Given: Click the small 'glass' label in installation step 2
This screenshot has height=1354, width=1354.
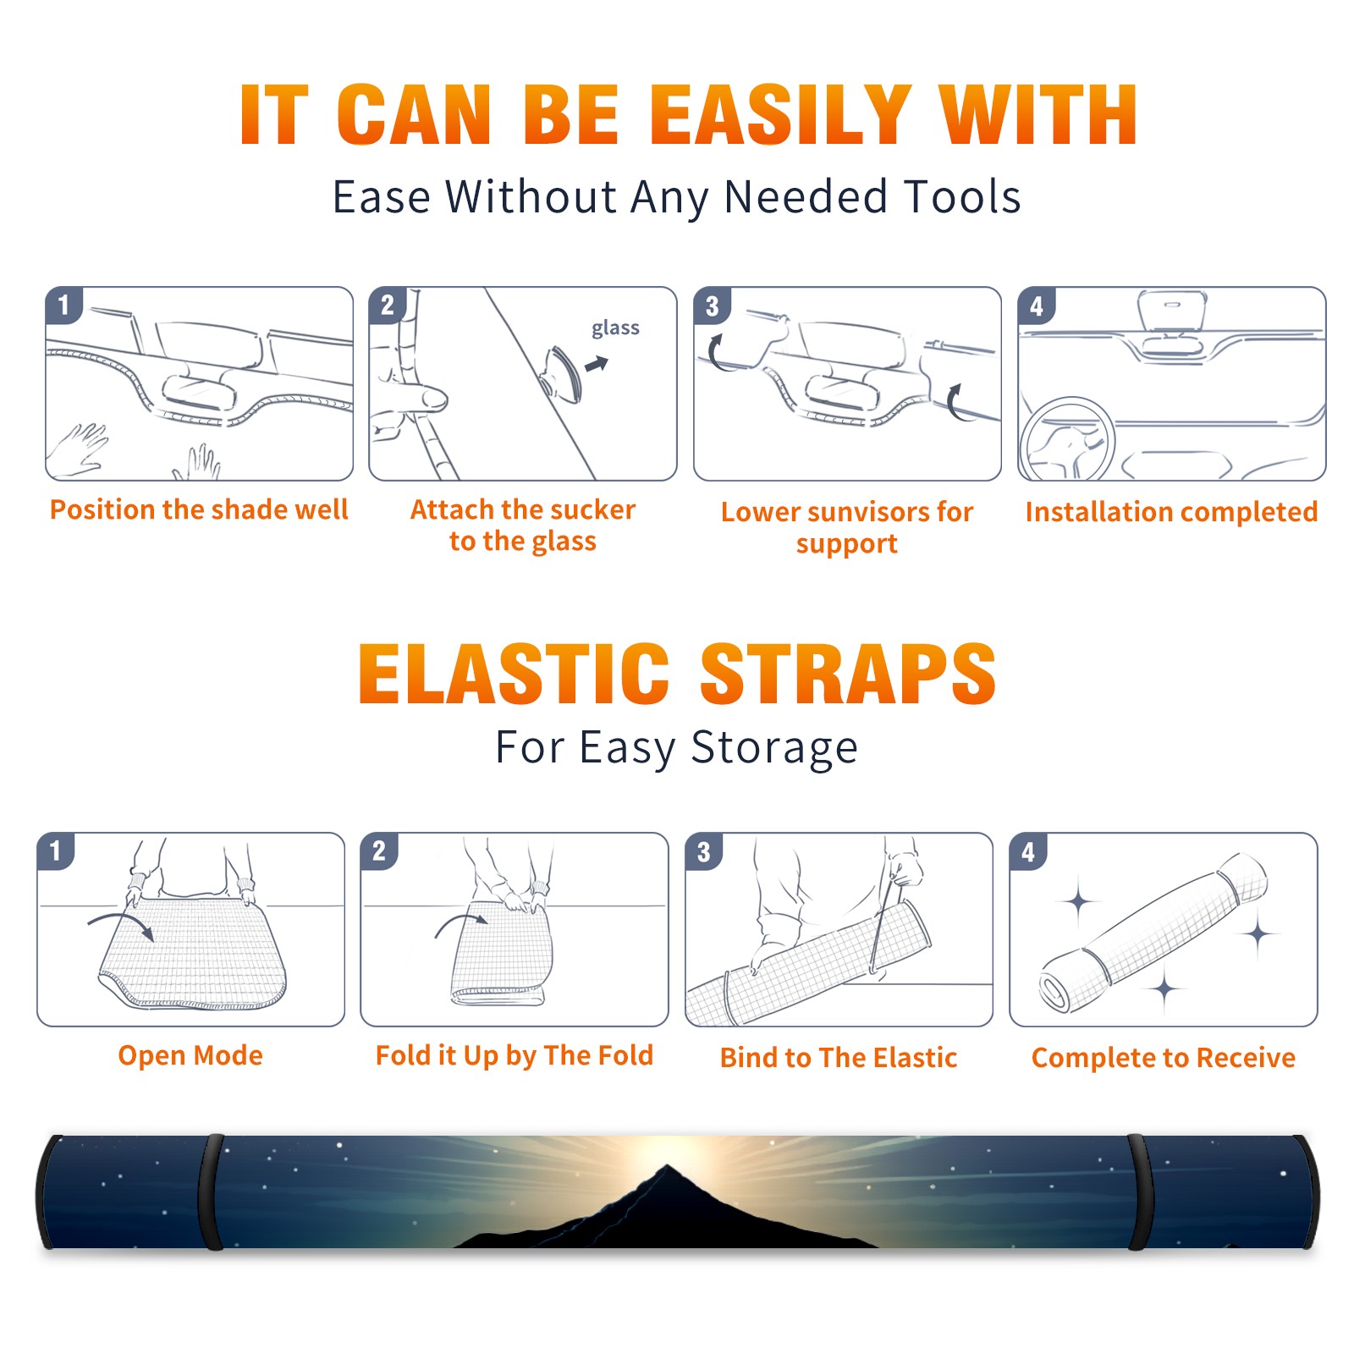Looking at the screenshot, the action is pos(615,328).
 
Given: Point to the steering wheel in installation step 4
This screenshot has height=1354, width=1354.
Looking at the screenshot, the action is pos(1067,440).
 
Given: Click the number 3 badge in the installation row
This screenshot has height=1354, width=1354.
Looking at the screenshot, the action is pos(712,306).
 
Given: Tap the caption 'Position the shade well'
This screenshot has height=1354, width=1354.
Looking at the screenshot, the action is pos(199,509).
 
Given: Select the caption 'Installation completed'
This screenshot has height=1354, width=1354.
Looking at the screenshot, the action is pos(1171,512).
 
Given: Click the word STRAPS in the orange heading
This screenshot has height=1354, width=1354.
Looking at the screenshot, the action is pos(848,674).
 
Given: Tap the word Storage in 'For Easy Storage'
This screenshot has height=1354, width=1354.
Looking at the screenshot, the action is pos(774,748).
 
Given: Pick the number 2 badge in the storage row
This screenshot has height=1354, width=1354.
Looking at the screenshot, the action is pos(379,851).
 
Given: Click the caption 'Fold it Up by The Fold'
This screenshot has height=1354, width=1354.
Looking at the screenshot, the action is pos(515,1056).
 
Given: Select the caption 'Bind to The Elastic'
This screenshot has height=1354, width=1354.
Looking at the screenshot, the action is pos(839,1058).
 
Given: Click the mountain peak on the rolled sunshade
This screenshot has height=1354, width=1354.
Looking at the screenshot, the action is pos(668,1168).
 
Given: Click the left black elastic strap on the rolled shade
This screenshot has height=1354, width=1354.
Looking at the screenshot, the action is pos(211,1192).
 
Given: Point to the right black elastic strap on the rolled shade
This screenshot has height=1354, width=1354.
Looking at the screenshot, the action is pos(1138,1192).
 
